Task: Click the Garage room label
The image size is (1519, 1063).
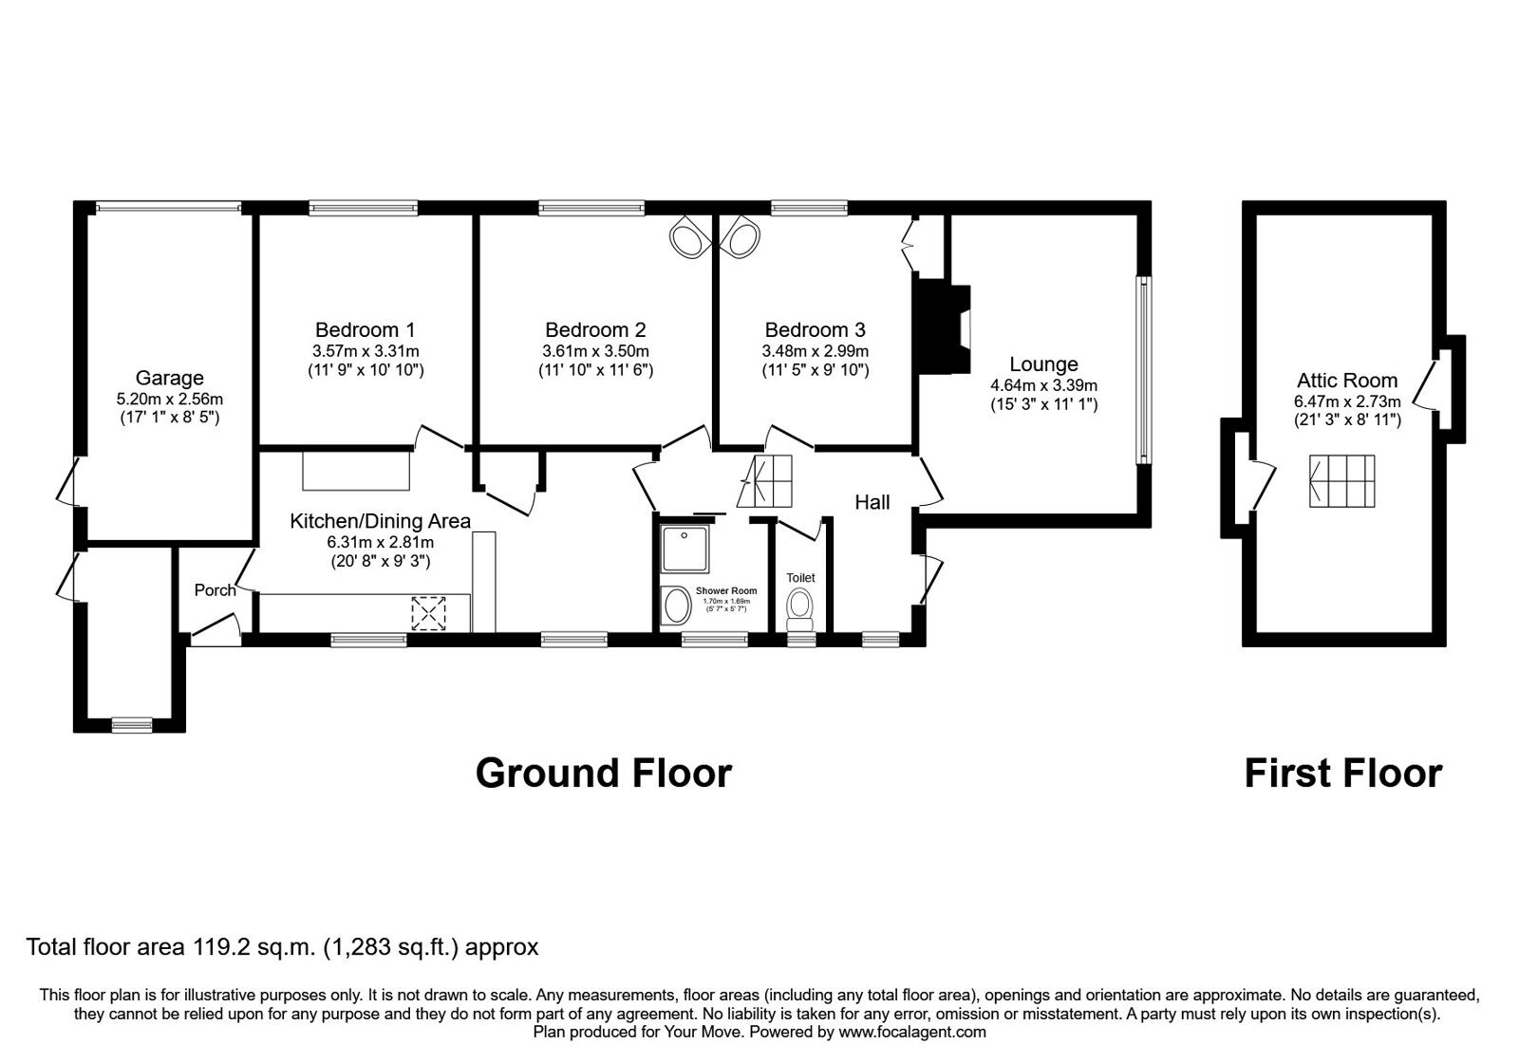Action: tap(169, 378)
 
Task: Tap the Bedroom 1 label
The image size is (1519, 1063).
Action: tap(365, 330)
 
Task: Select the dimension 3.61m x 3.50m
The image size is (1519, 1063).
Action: tap(595, 350)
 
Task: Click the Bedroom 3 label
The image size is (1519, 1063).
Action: tap(815, 330)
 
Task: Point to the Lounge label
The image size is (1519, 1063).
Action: tap(1043, 364)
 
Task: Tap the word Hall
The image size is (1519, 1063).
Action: tap(872, 502)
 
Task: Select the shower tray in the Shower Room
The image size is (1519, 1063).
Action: tap(684, 550)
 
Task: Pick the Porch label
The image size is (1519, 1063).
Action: tap(215, 590)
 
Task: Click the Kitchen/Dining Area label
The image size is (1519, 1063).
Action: tap(380, 521)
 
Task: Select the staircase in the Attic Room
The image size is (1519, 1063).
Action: tap(1341, 481)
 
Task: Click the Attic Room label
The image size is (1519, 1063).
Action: tap(1346, 381)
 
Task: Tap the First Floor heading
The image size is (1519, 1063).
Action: tap(1342, 774)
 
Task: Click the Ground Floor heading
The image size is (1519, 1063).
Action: tap(603, 774)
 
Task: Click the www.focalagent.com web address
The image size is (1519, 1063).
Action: tap(912, 1032)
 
